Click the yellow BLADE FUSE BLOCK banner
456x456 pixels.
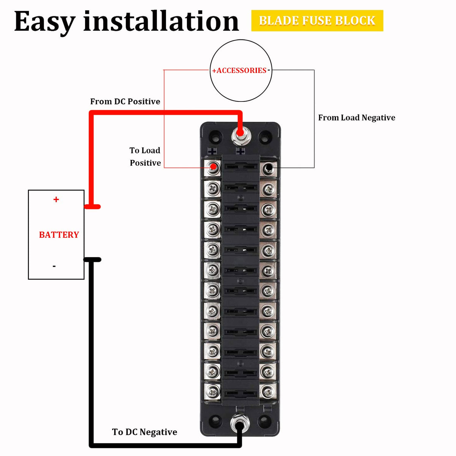coord(317,21)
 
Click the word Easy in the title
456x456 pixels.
coord(44,22)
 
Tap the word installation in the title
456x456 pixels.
coord(161,21)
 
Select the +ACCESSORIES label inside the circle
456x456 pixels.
coord(239,71)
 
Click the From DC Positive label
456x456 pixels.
coord(125,101)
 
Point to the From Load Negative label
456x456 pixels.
coord(356,118)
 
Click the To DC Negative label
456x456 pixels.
coord(144,432)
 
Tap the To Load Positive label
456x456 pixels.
coord(145,157)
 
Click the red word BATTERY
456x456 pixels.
coord(59,235)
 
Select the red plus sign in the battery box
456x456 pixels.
coord(56,199)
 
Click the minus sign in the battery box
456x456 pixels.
coord(54,266)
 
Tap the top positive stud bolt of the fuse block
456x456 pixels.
coord(240,134)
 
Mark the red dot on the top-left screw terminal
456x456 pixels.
coord(214,166)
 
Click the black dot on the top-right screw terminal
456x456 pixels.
coord(269,167)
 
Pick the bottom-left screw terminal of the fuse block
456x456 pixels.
coord(213,391)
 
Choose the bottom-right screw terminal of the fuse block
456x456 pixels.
coord(268,391)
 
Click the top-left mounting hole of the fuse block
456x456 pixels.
coord(215,135)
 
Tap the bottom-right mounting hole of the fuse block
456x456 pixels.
coord(264,421)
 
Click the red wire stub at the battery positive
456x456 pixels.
coord(92,207)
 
